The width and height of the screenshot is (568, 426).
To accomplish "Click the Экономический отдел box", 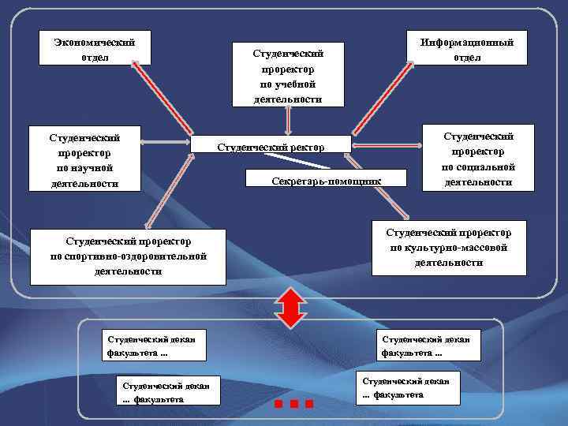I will (x=95, y=49).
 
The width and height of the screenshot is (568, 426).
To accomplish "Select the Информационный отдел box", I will (x=467, y=49).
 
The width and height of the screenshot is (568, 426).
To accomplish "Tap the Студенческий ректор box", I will (x=271, y=146).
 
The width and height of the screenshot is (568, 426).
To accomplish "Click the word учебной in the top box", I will (x=288, y=84).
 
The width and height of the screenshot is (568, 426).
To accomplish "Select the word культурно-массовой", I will (x=448, y=248).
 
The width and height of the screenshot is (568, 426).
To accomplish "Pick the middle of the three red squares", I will (x=293, y=404).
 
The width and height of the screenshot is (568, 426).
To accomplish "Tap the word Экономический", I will (x=95, y=42).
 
